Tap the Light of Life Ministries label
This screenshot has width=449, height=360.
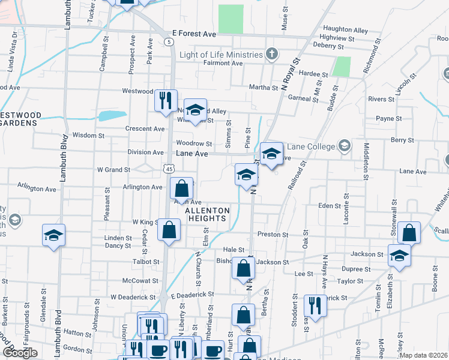click(x=220, y=54)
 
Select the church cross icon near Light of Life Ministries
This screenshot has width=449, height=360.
click(x=272, y=54)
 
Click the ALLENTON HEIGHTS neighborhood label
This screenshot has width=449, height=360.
click(x=206, y=215)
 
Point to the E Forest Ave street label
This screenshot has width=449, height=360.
click(x=193, y=34)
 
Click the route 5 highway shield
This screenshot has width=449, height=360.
click(x=169, y=41)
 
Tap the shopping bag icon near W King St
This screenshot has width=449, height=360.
click(x=169, y=230)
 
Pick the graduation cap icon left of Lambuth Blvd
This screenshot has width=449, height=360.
click(x=53, y=235)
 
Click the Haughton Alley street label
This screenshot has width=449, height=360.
click(x=345, y=29)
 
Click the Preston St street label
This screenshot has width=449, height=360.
click(x=273, y=234)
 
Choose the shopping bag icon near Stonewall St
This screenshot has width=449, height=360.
click(x=409, y=233)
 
